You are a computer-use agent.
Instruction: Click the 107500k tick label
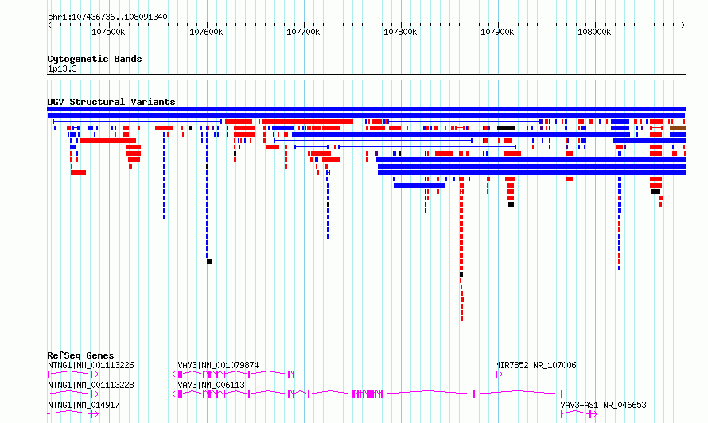point(108,32)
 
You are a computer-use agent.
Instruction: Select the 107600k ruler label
point(205,32)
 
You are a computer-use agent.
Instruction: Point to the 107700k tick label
point(302,32)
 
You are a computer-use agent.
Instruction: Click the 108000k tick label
point(593,32)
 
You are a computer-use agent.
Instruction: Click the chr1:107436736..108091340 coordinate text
point(107,17)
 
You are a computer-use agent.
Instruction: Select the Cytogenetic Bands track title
point(95,59)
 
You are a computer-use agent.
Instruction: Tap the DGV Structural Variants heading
point(111,102)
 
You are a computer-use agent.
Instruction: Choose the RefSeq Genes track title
point(80,355)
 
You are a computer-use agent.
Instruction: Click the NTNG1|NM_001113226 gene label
point(91,365)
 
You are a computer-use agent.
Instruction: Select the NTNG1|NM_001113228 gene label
point(91,385)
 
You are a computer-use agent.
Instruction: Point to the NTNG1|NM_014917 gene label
point(84,405)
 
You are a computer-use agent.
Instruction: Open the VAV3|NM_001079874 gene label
point(218,365)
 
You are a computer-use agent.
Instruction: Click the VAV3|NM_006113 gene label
point(211,385)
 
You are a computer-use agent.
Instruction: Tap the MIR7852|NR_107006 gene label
point(535,365)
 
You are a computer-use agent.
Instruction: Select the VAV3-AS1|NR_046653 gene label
point(603,405)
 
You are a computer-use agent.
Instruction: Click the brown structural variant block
point(677,127)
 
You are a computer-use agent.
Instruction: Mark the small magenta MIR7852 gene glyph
point(499,374)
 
